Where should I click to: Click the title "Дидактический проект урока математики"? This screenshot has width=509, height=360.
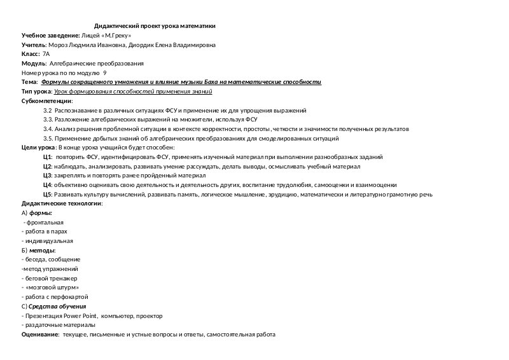[154, 26]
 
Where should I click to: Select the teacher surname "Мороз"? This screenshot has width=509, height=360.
[58, 45]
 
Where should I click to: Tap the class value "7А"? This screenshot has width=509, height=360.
[46, 55]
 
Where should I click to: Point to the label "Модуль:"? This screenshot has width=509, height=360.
[33, 64]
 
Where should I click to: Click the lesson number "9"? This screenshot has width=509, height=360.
[104, 73]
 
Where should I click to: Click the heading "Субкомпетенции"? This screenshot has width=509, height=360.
[46, 101]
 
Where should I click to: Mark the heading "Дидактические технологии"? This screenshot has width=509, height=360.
[62, 203]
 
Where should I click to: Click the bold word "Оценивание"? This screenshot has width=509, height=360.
[40, 334]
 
